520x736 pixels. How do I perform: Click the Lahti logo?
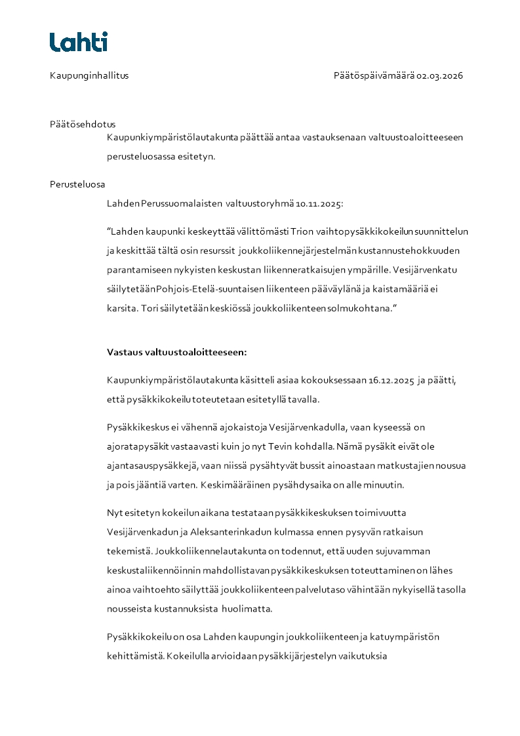[79, 42]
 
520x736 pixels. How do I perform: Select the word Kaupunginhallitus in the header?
[89, 75]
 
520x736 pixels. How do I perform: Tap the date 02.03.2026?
[440, 75]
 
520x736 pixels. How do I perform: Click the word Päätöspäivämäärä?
[374, 75]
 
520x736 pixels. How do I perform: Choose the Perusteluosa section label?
[77, 184]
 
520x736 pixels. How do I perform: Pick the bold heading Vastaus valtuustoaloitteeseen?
[176, 352]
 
